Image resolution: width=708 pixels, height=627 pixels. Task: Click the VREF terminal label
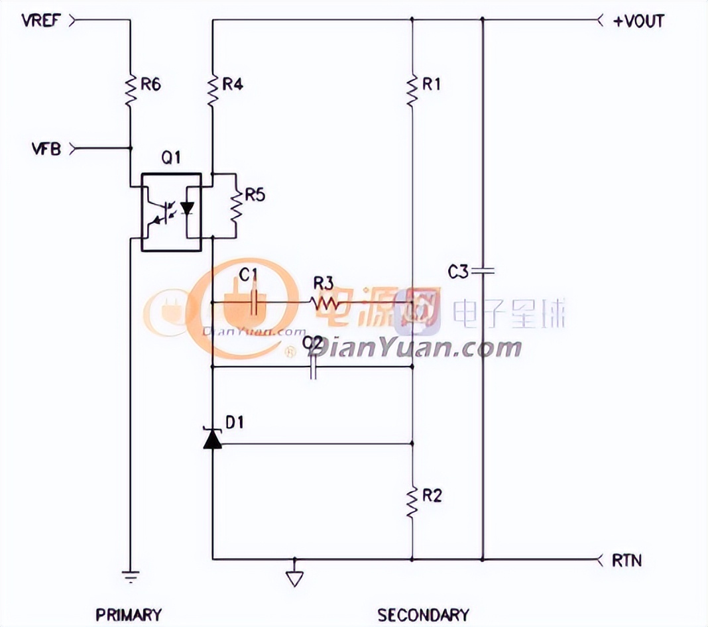(42, 20)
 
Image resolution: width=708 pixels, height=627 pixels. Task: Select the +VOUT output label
(638, 21)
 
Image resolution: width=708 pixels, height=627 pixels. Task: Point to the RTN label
(627, 560)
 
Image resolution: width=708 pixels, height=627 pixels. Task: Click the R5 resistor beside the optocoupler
(235, 205)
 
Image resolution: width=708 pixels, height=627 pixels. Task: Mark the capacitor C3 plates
(482, 270)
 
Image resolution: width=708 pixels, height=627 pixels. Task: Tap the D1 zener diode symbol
(212, 439)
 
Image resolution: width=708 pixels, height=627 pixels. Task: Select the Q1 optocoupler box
(171, 213)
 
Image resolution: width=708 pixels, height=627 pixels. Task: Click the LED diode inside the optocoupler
(187, 209)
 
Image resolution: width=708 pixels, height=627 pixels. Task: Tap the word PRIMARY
(129, 614)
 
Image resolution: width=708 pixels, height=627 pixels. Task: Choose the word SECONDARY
(424, 614)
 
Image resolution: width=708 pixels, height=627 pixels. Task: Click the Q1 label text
(171, 158)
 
